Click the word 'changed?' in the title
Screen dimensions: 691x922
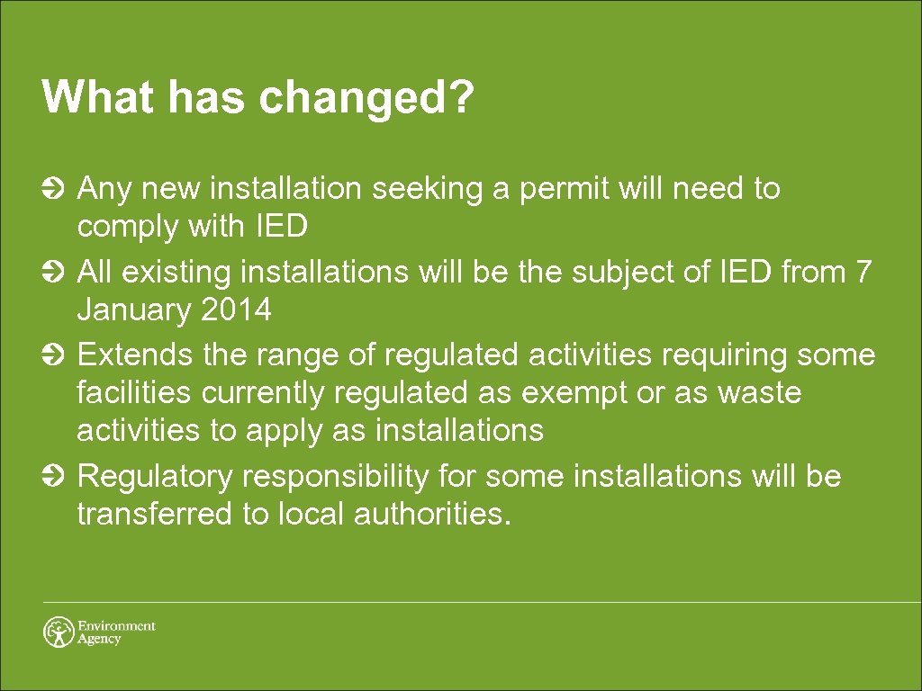[366, 97]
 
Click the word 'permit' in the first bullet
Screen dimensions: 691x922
[569, 190]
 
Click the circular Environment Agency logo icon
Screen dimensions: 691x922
[59, 632]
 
